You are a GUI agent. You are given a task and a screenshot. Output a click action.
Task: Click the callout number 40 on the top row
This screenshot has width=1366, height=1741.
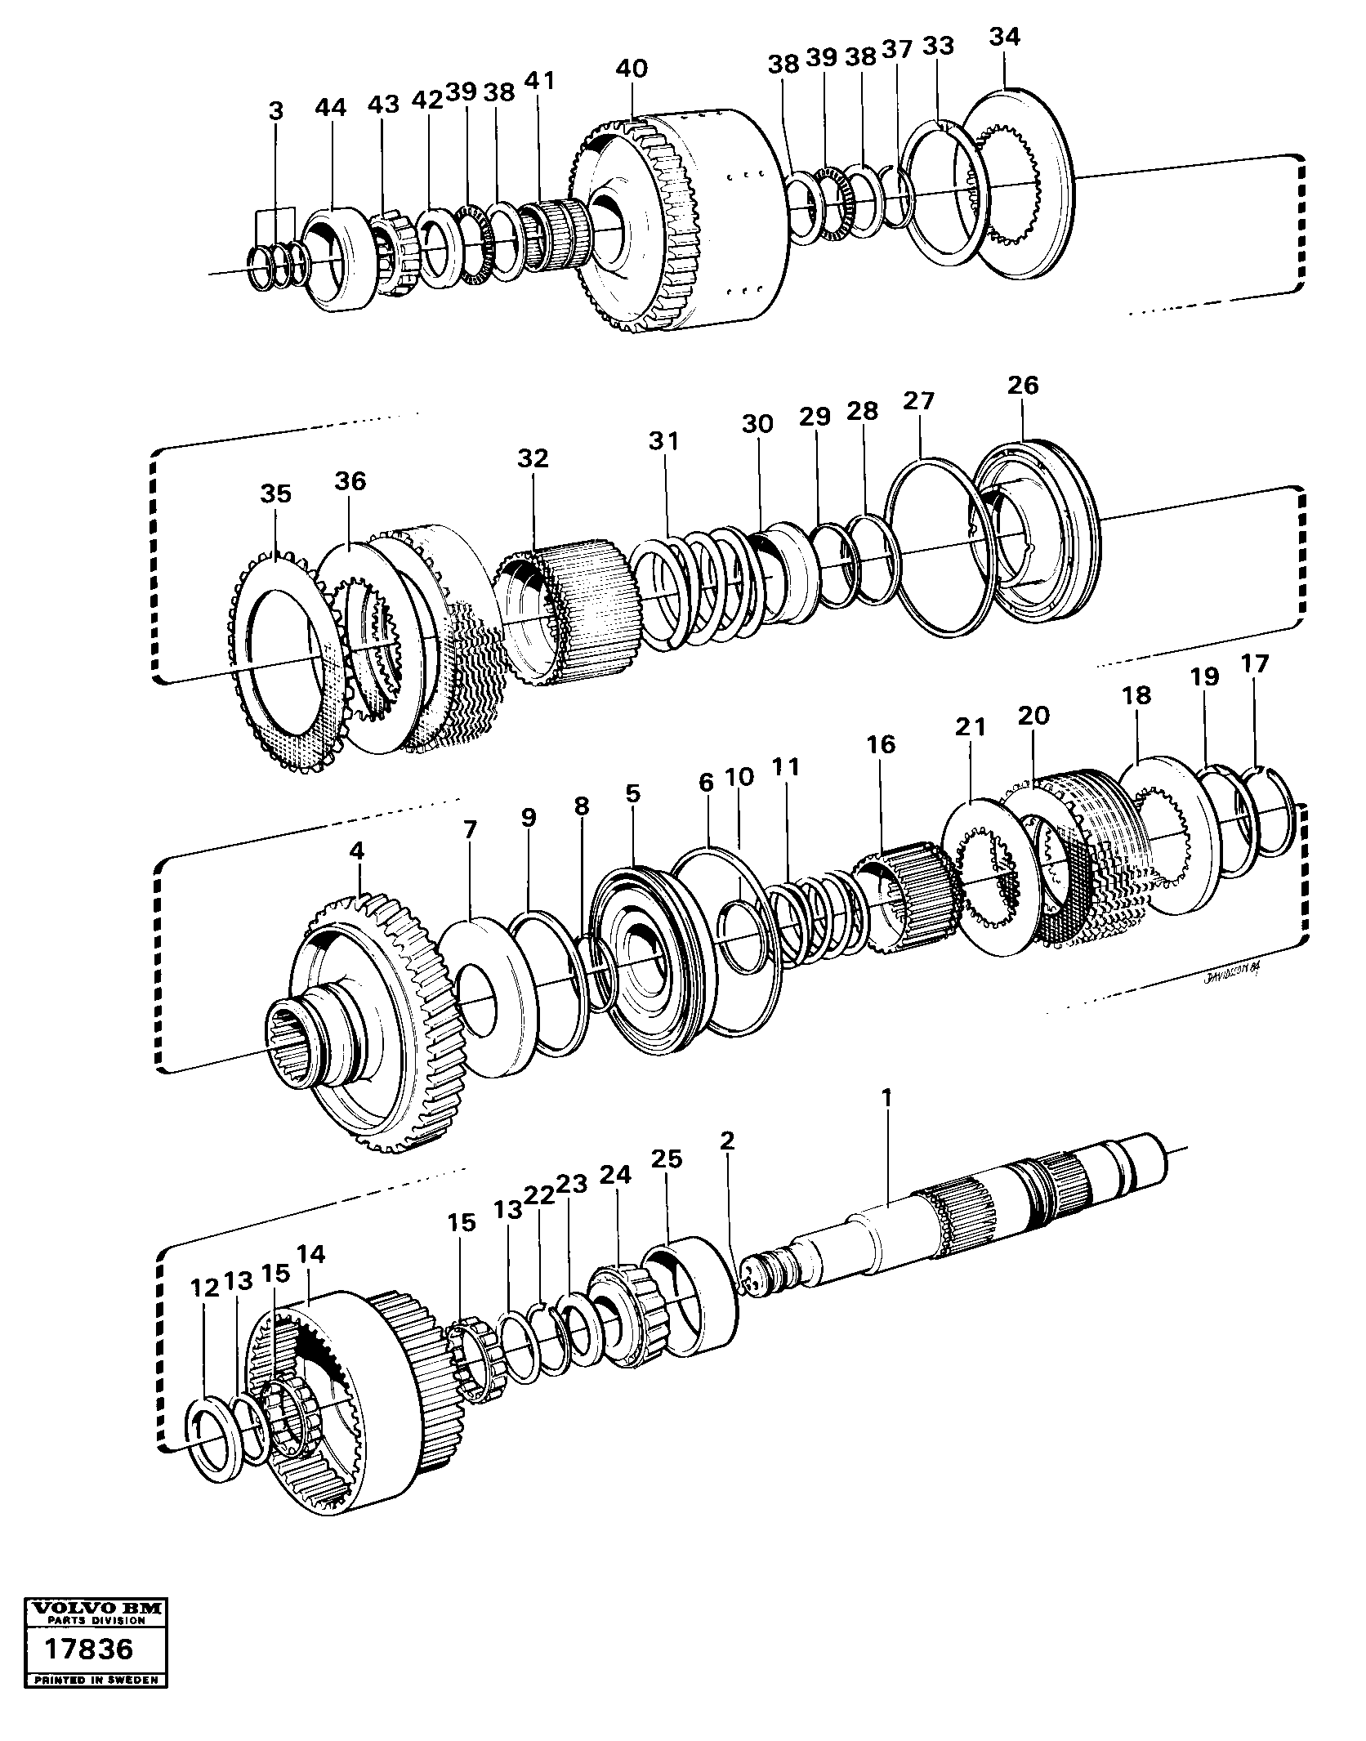(x=632, y=68)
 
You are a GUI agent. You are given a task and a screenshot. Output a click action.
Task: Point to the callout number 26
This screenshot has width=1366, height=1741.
(x=1022, y=385)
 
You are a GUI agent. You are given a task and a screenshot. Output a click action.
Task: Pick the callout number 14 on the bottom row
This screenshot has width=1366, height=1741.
(x=310, y=1254)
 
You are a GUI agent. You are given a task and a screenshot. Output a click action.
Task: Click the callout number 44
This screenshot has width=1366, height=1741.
(x=331, y=107)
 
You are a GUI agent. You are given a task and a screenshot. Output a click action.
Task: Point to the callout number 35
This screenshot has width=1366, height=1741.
(x=275, y=493)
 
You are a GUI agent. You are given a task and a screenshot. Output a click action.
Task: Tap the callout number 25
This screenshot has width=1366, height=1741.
(x=667, y=1158)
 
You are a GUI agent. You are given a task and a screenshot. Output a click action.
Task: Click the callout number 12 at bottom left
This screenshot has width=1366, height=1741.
(x=204, y=1288)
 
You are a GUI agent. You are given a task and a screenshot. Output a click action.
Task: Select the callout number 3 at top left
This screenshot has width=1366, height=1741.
(x=276, y=111)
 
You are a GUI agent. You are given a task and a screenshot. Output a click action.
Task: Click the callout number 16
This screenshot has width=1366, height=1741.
(x=882, y=744)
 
